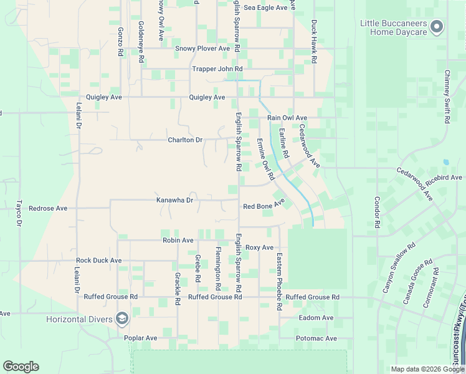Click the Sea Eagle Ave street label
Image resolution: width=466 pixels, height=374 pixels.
point(265,7)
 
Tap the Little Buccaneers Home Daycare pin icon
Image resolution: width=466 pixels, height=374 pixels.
point(437,27)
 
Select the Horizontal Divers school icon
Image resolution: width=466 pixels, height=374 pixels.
point(121,319)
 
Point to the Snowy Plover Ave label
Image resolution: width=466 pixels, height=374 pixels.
point(203,48)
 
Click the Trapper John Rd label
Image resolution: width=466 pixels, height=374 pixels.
point(217,69)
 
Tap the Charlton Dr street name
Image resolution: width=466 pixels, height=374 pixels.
point(185,140)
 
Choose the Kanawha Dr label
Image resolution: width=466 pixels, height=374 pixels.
point(175,200)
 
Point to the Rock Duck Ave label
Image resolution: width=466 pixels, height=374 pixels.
point(98,260)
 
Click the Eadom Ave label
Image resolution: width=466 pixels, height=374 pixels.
point(316,317)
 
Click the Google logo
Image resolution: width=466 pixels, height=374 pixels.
point(21,367)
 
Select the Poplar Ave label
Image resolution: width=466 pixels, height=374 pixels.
point(140,338)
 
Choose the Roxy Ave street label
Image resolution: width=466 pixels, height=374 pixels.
point(259,247)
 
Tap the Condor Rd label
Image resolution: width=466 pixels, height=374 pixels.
point(377,212)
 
